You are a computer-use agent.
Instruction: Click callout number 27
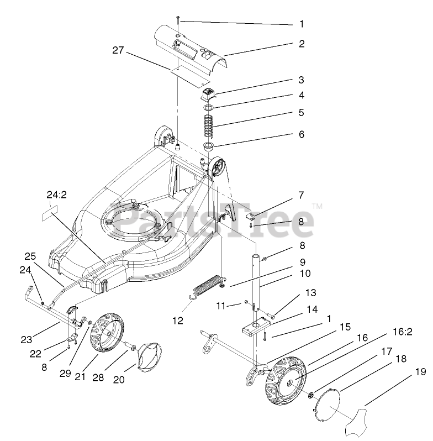(x=118, y=50)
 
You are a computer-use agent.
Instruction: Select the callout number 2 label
(x=302, y=43)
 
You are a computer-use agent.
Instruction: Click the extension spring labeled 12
(x=207, y=287)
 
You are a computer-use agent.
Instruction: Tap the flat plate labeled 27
(x=184, y=70)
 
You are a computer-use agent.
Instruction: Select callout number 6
(x=302, y=134)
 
